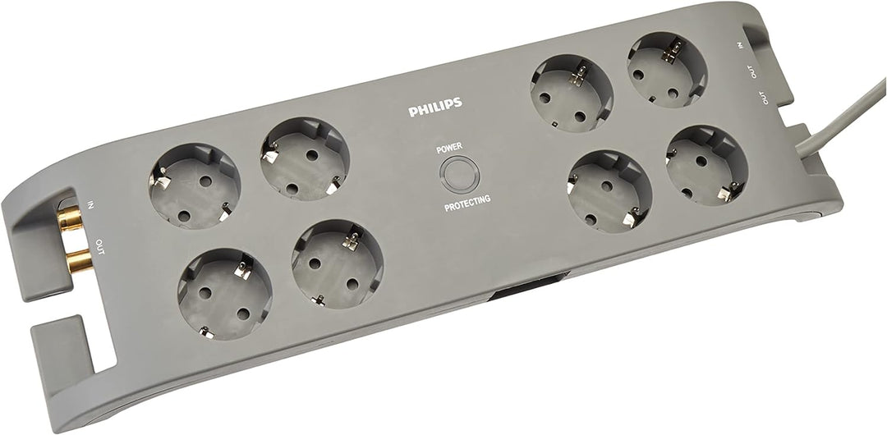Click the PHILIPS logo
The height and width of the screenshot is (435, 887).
435,107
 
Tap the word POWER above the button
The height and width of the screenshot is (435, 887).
450,149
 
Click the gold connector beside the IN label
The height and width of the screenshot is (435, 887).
70,217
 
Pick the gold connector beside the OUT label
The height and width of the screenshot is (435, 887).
79,262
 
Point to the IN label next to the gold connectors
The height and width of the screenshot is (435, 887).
90,204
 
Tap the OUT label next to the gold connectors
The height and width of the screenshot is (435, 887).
100,246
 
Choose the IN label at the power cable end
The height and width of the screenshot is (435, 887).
741,46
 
